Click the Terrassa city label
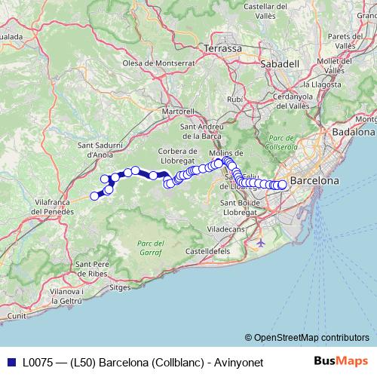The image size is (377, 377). coord(222,48)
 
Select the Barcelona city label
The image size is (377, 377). coord(314,181)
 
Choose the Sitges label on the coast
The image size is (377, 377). coord(121,287)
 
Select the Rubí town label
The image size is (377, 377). coord(235,99)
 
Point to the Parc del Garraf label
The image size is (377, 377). coord(151,248)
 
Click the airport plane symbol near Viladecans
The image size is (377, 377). coord(261,243)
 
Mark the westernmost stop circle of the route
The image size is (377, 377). coord(95,196)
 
